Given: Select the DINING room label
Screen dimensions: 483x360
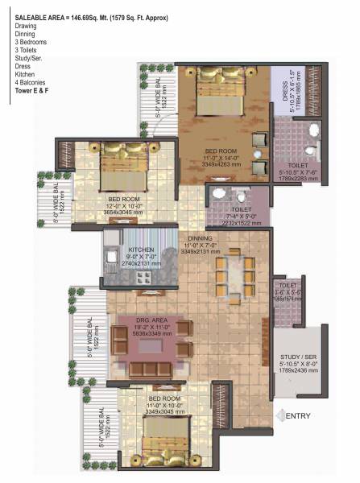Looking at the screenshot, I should pos(201,238).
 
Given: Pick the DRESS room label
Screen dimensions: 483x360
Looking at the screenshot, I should pos(286,102).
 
